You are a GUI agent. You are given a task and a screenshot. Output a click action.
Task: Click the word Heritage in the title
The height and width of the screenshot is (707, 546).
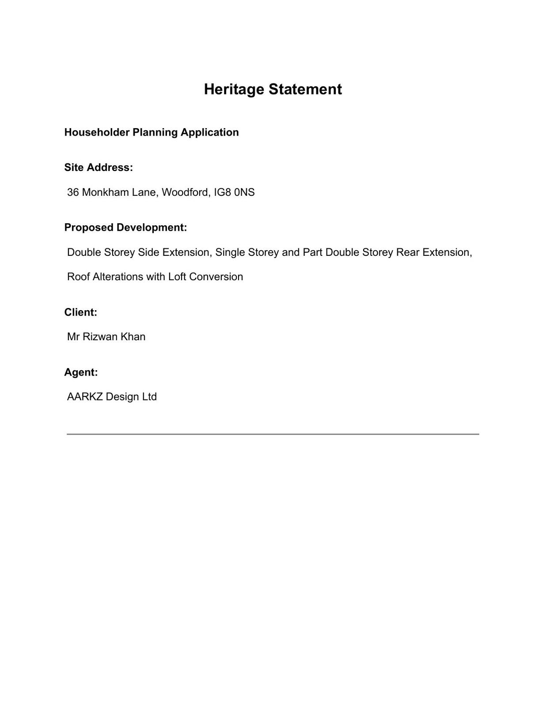click(234, 90)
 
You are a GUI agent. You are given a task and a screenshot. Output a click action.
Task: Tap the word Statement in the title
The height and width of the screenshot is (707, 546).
click(305, 90)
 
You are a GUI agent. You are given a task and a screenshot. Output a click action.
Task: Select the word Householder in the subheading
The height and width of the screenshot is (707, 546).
click(97, 133)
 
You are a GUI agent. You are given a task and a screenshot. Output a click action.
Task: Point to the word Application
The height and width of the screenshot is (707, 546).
click(210, 133)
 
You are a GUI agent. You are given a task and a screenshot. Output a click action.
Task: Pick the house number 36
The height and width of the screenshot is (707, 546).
click(73, 193)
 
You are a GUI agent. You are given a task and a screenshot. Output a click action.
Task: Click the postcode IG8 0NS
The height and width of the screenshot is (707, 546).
click(234, 193)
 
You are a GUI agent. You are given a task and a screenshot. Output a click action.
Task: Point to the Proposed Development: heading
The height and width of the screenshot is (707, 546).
click(125, 228)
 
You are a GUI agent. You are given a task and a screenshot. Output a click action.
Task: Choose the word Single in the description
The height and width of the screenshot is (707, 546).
click(230, 253)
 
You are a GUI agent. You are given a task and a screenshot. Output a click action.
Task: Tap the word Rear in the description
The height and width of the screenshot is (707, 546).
click(408, 253)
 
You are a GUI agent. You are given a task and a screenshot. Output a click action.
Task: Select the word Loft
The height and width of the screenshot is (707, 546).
click(177, 277)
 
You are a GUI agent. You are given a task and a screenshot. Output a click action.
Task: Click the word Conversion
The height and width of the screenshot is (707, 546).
click(216, 277)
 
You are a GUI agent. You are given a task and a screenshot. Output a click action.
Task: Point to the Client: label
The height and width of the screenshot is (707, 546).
click(80, 312)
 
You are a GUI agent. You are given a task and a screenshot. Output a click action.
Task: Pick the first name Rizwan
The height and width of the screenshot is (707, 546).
click(100, 337)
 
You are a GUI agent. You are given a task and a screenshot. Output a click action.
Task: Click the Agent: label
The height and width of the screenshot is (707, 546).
click(81, 373)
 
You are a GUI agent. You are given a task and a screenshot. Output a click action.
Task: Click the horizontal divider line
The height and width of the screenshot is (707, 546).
click(273, 434)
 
